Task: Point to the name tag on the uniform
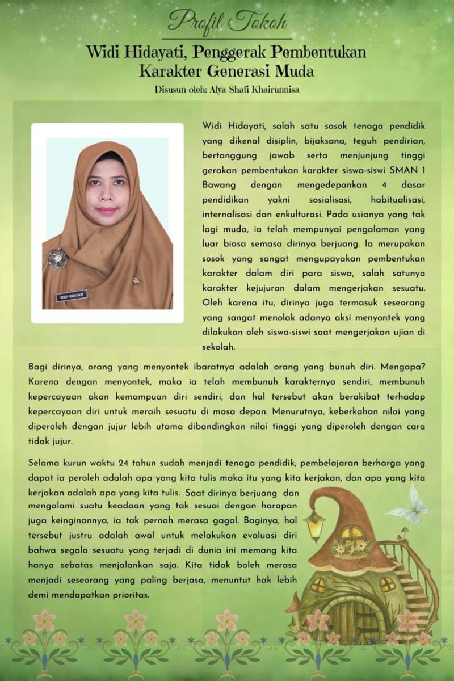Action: pos(70,296)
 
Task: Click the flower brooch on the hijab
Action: pos(58,258)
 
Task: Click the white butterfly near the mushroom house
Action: pos(411,505)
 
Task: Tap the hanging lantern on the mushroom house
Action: pos(314,526)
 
